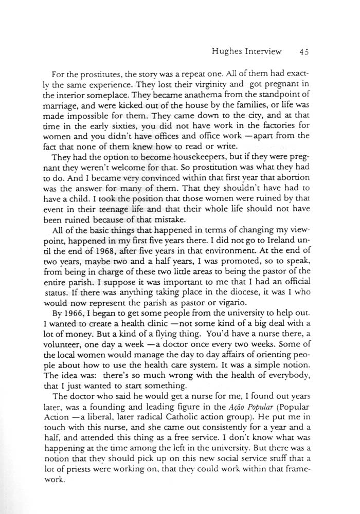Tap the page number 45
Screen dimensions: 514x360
click(302, 51)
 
